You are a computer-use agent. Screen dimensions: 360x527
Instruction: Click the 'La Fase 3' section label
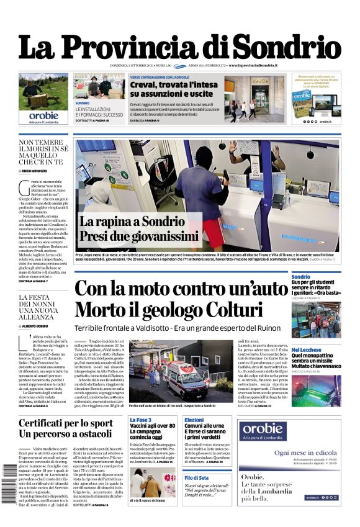(140, 420)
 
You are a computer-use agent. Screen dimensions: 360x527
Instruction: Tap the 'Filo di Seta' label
(197, 477)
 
